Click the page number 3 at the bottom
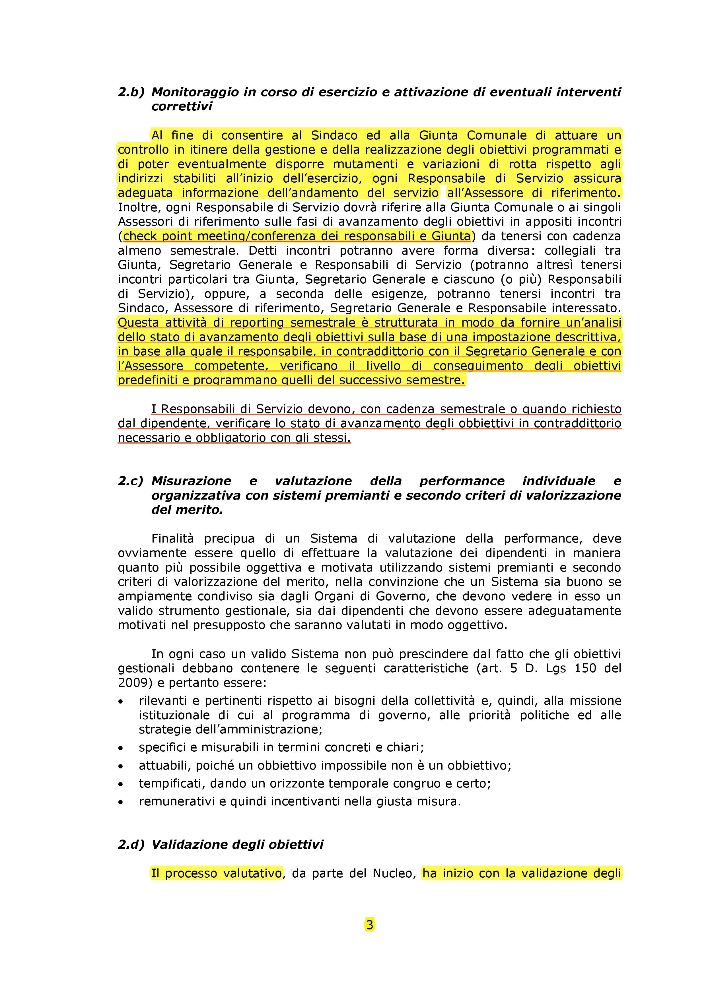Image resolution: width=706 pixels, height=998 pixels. pyautogui.click(x=370, y=925)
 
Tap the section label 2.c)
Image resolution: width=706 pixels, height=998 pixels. pyautogui.click(x=130, y=481)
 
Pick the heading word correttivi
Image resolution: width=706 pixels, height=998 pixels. pyautogui.click(x=182, y=106)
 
